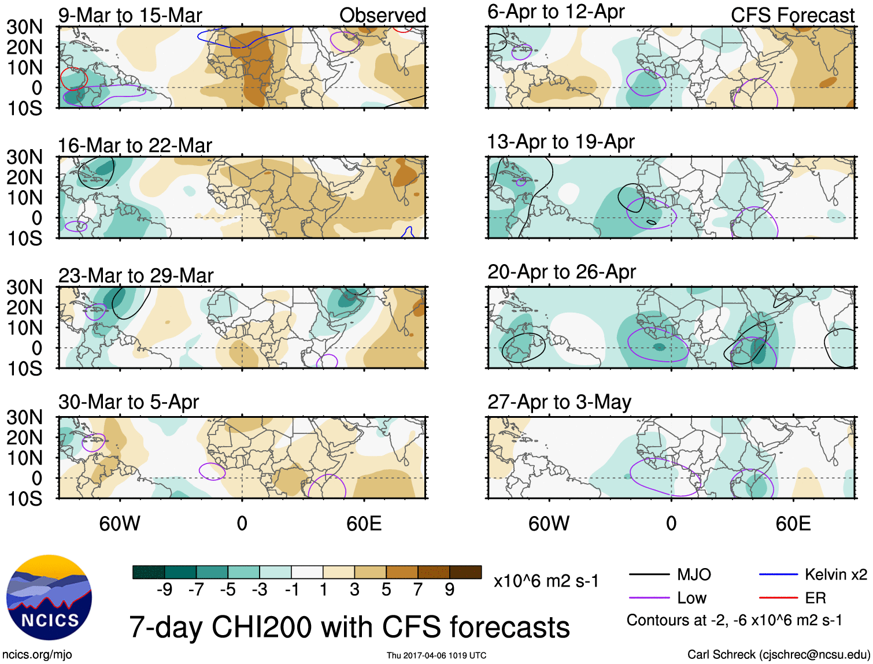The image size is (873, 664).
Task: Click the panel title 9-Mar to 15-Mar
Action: pyautogui.click(x=130, y=16)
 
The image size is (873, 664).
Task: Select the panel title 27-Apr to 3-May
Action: pyautogui.click(x=559, y=402)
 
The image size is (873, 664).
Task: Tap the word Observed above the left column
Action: pyautogui.click(x=382, y=16)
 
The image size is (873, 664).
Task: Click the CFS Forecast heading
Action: pyautogui.click(x=792, y=16)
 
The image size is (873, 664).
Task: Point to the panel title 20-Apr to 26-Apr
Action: pyautogui.click(x=561, y=272)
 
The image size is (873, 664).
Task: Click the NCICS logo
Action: pyautogui.click(x=49, y=598)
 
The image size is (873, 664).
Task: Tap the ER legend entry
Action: pyautogui.click(x=815, y=598)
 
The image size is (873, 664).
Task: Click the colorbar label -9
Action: pyautogui.click(x=165, y=589)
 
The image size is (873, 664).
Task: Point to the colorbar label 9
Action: pyautogui.click(x=450, y=589)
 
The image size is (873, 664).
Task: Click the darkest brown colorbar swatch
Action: pyautogui.click(x=465, y=572)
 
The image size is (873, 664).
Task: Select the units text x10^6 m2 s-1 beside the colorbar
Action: pyautogui.click(x=546, y=581)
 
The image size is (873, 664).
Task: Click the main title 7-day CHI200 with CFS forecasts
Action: pyautogui.click(x=349, y=627)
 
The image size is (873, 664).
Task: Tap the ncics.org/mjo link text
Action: pyautogui.click(x=37, y=655)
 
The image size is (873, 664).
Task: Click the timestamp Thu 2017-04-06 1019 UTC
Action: pyautogui.click(x=436, y=655)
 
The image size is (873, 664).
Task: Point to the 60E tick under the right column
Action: pyautogui.click(x=793, y=524)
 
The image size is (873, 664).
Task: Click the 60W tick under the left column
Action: pyautogui.click(x=120, y=524)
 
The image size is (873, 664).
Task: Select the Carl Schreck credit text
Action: pyautogui.click(x=778, y=655)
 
